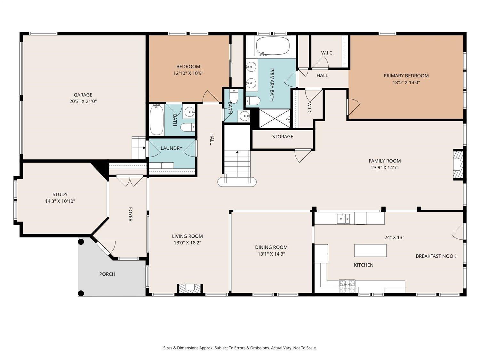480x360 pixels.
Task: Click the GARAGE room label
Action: point(83,95)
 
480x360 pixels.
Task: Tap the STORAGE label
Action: point(283,137)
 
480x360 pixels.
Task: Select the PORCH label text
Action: point(107,274)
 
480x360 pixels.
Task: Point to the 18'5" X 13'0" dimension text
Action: point(406,83)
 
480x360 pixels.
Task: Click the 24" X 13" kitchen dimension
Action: point(394,237)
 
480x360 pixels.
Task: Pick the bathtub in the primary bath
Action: point(273,46)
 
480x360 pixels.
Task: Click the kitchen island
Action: point(371,251)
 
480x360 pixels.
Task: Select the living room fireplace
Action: point(189,288)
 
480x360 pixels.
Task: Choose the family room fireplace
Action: point(458,164)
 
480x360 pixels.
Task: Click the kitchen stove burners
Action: point(347,286)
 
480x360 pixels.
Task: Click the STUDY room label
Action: point(60,194)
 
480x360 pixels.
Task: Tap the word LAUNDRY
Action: point(171,148)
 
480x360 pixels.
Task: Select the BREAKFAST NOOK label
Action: point(436,256)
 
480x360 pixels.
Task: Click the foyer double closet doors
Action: point(130,181)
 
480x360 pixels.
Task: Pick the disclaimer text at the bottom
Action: point(240,348)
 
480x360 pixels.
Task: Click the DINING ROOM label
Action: point(271,247)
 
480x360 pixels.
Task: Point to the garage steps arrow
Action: point(144,148)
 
